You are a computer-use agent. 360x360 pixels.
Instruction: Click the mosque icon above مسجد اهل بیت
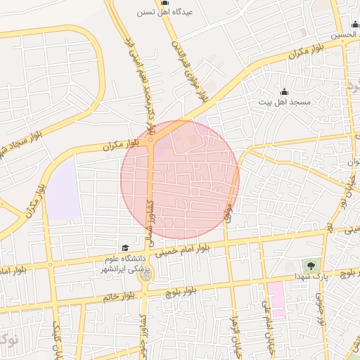coord(284,91)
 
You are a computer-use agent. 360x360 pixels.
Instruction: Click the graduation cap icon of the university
coord(124,247)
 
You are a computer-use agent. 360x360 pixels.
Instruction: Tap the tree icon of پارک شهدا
coord(309,264)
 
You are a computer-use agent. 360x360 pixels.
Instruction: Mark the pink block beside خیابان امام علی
coord(275,299)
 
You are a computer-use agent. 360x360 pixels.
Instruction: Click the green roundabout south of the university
coord(146,275)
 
